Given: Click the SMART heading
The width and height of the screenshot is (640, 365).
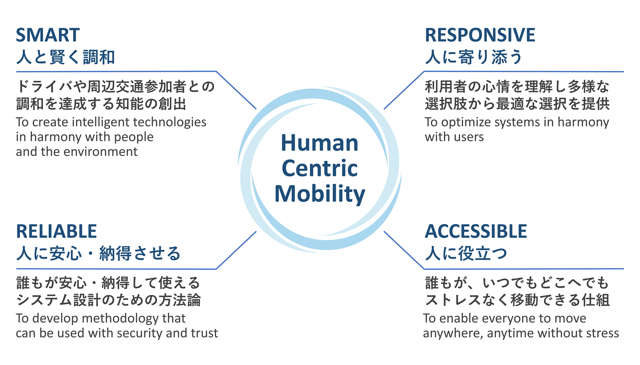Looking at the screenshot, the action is click(48, 35).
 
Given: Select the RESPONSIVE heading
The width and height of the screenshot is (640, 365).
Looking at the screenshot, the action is click(480, 35).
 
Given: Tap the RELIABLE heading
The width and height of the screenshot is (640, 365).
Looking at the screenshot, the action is click(56, 231).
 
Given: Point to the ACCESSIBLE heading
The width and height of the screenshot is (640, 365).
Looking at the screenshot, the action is click(476, 231).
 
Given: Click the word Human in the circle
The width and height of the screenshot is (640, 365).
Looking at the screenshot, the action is click(320, 143).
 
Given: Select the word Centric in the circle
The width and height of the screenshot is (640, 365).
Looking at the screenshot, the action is click(320, 168).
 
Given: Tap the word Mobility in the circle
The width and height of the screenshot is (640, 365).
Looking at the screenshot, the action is click(320, 194).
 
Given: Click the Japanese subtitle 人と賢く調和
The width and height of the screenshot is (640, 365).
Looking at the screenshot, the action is click(65, 57).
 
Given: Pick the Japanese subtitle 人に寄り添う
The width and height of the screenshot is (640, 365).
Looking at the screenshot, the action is click(474, 57).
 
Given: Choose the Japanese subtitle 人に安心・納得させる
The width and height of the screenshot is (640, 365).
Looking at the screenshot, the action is click(98, 254).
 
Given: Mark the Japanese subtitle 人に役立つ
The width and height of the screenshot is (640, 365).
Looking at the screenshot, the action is click(466, 254).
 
